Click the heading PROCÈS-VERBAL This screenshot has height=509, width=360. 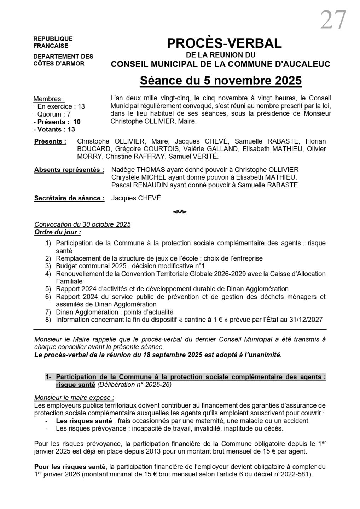tap(224, 43)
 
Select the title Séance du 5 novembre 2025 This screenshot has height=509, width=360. tap(221, 81)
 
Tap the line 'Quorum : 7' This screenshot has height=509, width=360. tap(52, 114)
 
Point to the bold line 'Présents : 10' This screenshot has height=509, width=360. tap(57, 122)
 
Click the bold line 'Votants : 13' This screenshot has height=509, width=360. tap(54, 129)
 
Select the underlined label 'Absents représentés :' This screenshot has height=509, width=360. tap(69, 170)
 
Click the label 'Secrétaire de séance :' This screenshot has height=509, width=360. tap(69, 198)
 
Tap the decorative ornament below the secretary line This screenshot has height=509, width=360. tap(180, 212)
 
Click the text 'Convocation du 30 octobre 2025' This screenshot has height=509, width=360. tap(82, 225)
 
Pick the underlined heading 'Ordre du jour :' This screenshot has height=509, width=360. tap(57, 232)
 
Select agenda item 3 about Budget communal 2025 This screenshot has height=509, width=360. tap(130, 266)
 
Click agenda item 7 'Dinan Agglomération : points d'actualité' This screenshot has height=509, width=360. tap(115, 312)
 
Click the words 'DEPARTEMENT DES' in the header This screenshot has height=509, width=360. tap(63, 57)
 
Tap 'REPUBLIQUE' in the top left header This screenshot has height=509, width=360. tap(53, 39)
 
